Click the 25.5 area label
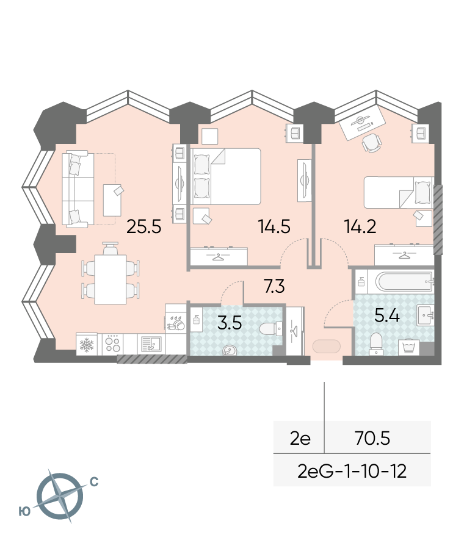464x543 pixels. tap(144, 227)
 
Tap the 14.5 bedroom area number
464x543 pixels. tap(274, 227)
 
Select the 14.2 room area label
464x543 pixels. tap(360, 227)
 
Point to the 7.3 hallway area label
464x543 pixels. tap(274, 286)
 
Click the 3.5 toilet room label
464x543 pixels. tap(230, 323)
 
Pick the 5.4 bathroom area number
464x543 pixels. tap(387, 315)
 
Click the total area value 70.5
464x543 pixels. tap(372, 439)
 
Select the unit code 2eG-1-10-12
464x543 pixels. tap(352, 472)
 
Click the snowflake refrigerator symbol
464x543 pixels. tap(86, 345)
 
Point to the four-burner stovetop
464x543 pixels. tap(112, 344)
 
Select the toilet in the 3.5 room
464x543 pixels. tap(270, 328)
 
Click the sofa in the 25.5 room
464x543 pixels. tap(78, 189)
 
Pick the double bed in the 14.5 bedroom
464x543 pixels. tap(225, 176)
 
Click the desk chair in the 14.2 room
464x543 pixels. tap(372, 142)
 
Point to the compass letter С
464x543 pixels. tap(94, 482)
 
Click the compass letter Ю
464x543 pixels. tap(25, 511)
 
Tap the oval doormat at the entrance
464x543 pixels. tap(327, 347)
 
